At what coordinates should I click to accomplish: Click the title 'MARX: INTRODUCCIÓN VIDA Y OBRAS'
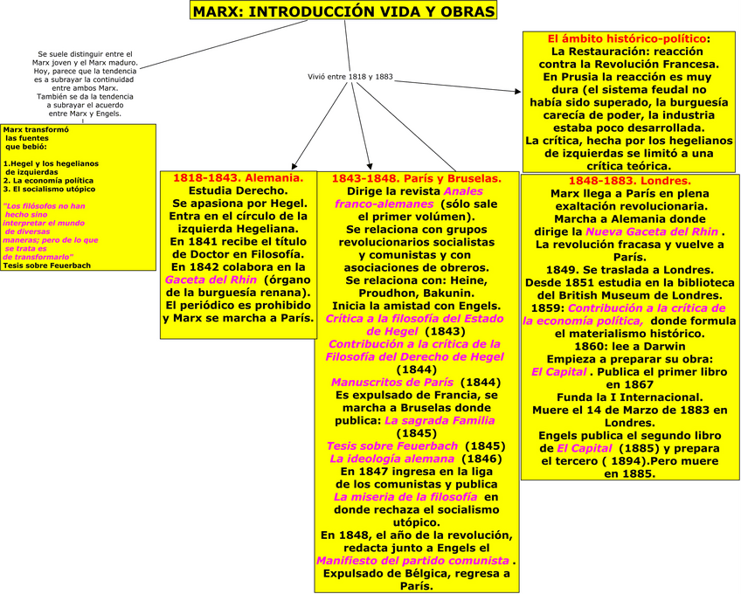click(343, 11)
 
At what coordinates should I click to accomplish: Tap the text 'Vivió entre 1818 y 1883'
click(350, 77)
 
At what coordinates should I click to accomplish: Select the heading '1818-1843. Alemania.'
click(238, 177)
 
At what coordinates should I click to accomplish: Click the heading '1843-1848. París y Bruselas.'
click(415, 178)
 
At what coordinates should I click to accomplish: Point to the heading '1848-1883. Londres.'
click(629, 181)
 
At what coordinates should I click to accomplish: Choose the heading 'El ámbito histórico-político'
click(627, 39)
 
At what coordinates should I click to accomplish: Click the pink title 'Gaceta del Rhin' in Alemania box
click(211, 279)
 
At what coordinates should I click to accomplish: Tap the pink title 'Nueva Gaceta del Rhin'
click(653, 231)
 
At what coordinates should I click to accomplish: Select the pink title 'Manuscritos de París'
click(391, 383)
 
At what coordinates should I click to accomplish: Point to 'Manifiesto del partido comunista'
click(412, 560)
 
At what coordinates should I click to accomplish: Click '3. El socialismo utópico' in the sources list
click(48, 189)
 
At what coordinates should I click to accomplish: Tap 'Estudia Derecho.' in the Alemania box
click(238, 190)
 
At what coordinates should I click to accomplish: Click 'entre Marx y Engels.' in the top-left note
click(85, 114)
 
